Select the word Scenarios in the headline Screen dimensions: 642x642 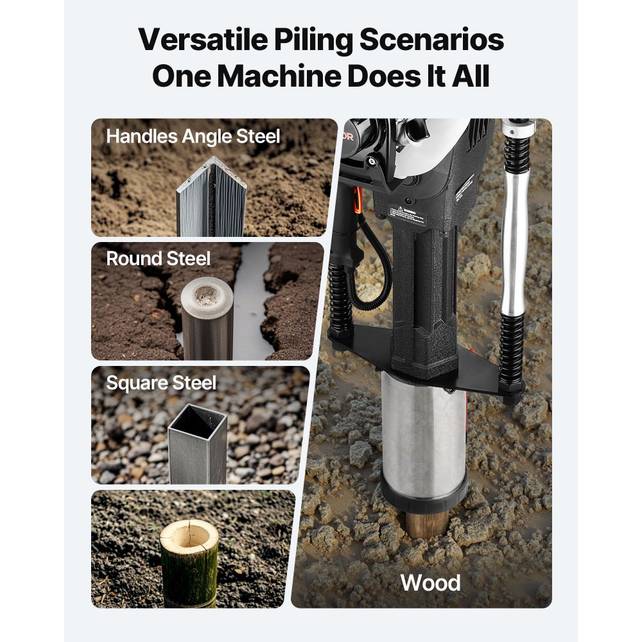pos(431,40)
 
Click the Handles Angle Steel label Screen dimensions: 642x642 pos(193,137)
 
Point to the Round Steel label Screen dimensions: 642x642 pos(158,259)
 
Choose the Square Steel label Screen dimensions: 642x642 pos(161,383)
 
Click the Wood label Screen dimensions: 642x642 pos(430,583)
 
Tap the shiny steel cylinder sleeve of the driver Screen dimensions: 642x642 pos(422,430)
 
